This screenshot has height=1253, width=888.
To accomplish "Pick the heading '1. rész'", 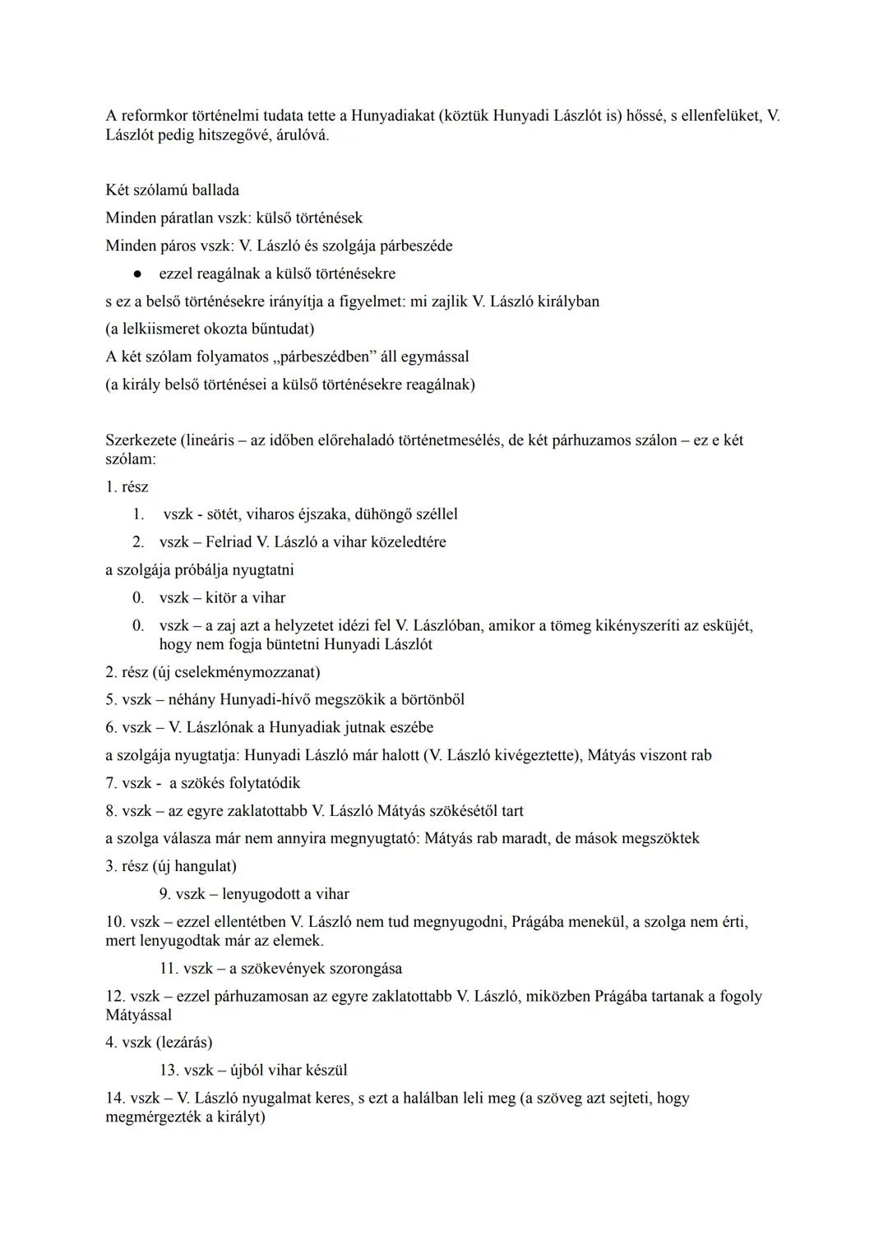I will [x=127, y=486].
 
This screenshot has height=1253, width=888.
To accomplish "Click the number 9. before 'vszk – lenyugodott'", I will [x=165, y=894].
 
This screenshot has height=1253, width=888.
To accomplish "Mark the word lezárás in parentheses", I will [x=185, y=1043].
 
